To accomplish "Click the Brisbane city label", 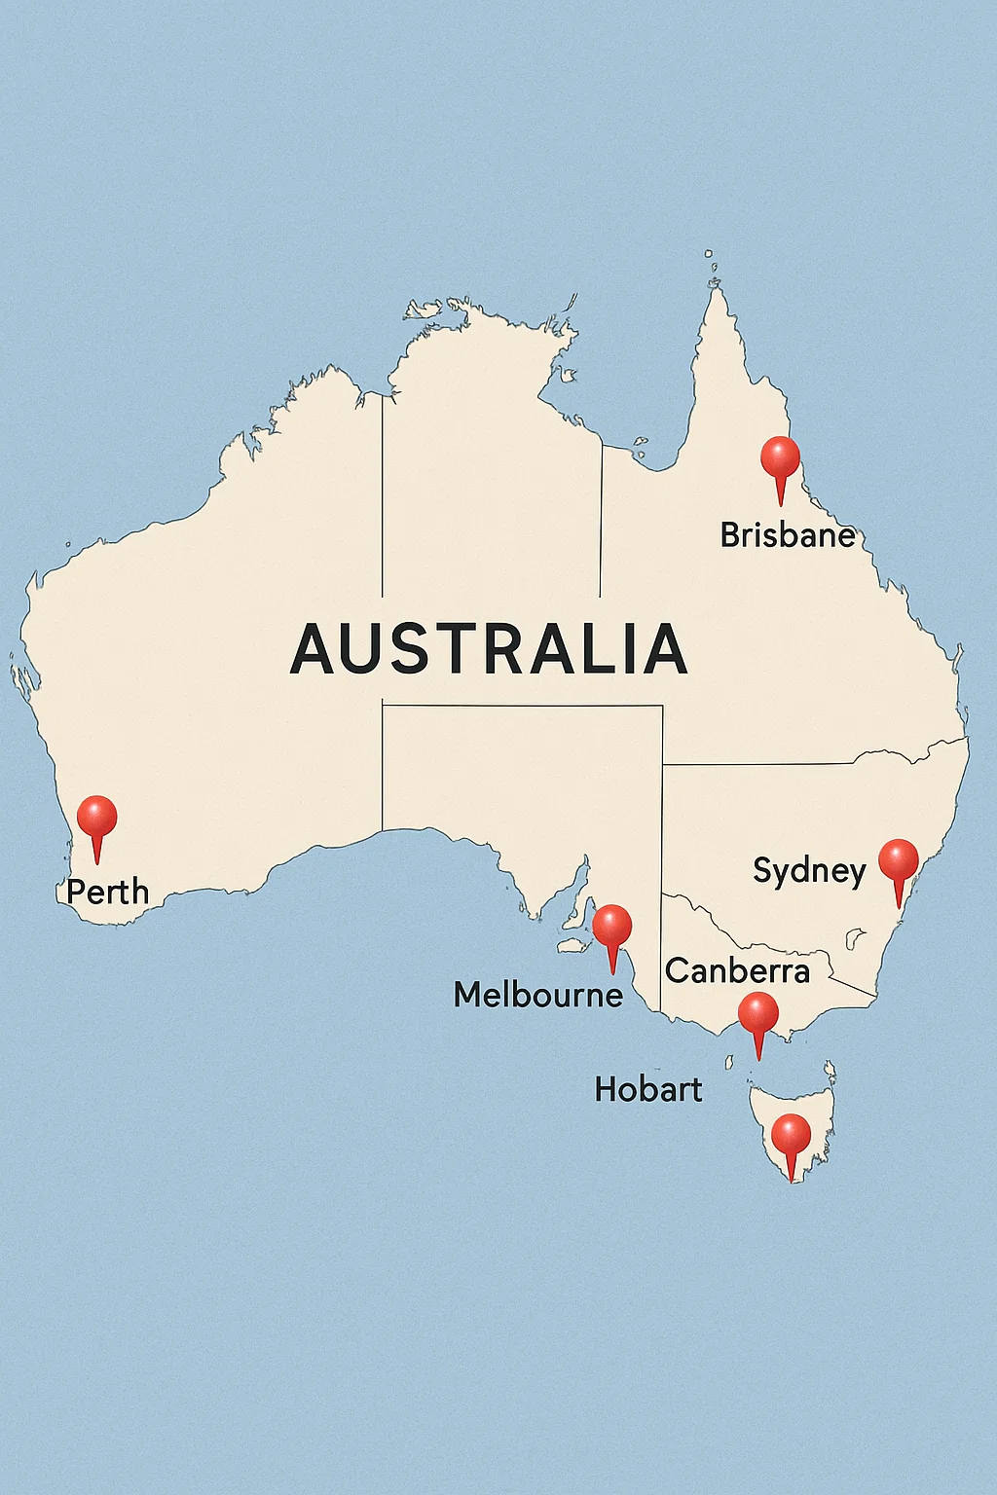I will (788, 534).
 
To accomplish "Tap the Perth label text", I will (108, 892).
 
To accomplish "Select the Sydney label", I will (809, 871).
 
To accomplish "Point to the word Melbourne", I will (538, 994).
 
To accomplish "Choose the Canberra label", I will (737, 970).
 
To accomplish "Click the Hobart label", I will (648, 1089).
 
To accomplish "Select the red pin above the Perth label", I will (96, 817).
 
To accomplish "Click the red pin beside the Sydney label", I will (898, 860).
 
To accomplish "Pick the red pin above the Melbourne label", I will (612, 926).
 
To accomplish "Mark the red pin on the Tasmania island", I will (791, 1135).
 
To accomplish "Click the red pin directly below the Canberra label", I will (757, 1014).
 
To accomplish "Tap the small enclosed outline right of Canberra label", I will (856, 938).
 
